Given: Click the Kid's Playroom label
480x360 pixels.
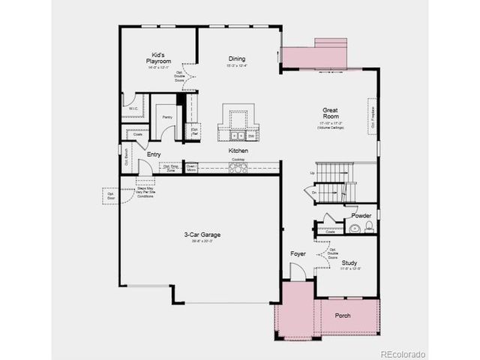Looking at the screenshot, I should coord(159,58).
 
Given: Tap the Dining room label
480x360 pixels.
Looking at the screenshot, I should coord(237,59).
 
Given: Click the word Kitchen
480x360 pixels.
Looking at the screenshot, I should coord(238,151).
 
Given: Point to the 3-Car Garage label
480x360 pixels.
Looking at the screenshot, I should coord(202,235).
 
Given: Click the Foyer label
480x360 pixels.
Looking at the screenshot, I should coord(298,254).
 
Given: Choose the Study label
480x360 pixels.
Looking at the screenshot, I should coord(349,263).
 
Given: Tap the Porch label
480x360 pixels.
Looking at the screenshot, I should coord(342,315).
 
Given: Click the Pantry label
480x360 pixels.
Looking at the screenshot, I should coord(166,117).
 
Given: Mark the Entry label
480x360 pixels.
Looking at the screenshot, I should coord(153,154).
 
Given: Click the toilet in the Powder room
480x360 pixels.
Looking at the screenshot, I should coord(368,228).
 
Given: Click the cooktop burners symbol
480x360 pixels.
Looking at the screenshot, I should coord(239,167).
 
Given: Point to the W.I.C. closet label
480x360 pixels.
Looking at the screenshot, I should coord(132,108).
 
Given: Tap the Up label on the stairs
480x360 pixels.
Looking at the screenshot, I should coord(312,173).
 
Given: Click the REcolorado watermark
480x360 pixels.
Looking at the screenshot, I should coord(402,353).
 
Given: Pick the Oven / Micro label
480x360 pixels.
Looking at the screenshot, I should coord(190,168).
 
